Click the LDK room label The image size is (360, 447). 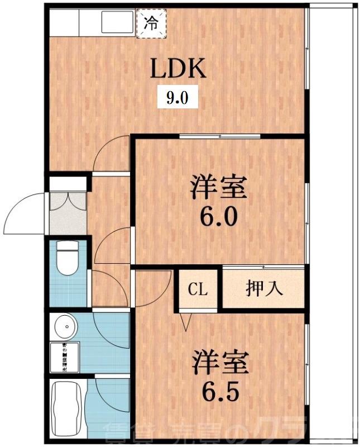178,69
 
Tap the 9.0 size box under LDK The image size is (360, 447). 176,99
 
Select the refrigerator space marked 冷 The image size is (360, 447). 151,25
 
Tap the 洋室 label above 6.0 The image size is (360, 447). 219,188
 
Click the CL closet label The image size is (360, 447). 198,289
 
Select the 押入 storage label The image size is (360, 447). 264,289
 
